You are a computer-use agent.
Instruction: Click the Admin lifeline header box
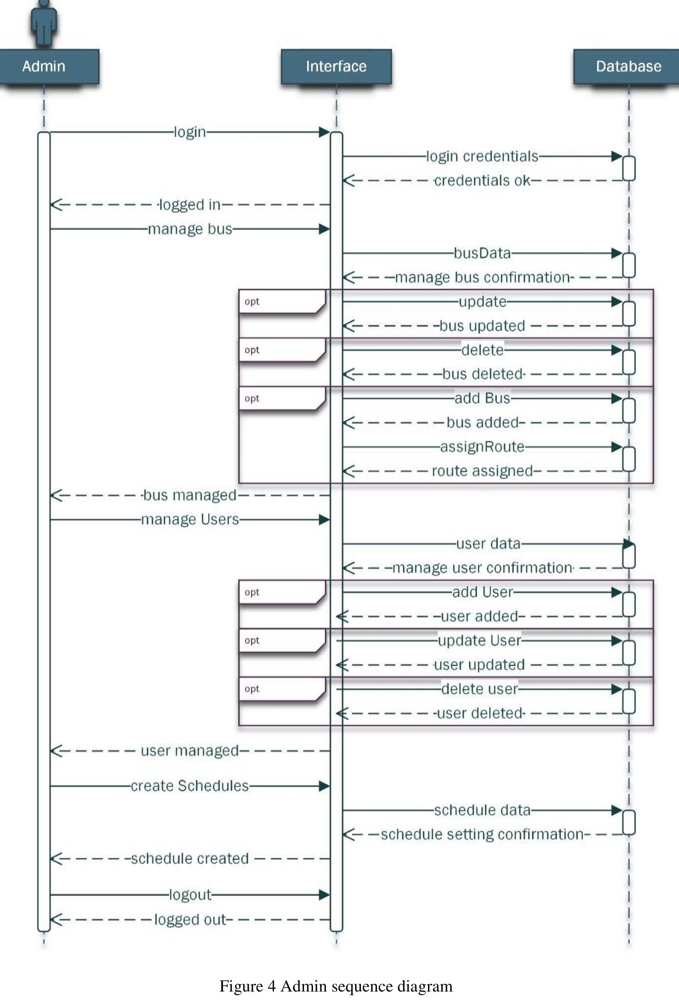click(x=43, y=67)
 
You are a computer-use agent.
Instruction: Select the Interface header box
click(x=336, y=67)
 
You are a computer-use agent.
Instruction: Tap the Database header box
click(x=628, y=67)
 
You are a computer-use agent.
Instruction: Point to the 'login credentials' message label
click(x=482, y=157)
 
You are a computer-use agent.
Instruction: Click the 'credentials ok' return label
click(x=482, y=181)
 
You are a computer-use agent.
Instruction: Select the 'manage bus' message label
click(x=190, y=229)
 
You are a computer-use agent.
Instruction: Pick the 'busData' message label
click(x=482, y=253)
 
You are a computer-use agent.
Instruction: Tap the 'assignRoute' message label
click(x=482, y=447)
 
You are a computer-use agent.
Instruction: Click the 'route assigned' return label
click(x=482, y=471)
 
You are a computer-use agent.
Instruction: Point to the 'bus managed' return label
click(x=190, y=495)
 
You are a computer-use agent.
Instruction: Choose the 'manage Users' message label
click(x=190, y=519)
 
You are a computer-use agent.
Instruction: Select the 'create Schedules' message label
click(x=190, y=786)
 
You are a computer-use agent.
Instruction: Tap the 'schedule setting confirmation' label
click(x=482, y=834)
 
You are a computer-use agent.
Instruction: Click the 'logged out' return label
click(x=190, y=919)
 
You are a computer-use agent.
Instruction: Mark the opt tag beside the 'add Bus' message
click(x=252, y=398)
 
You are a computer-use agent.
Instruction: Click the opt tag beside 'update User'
click(x=252, y=640)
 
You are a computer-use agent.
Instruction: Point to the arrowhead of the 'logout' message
click(x=324, y=895)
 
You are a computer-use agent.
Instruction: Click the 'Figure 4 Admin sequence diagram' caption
click(x=336, y=986)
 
